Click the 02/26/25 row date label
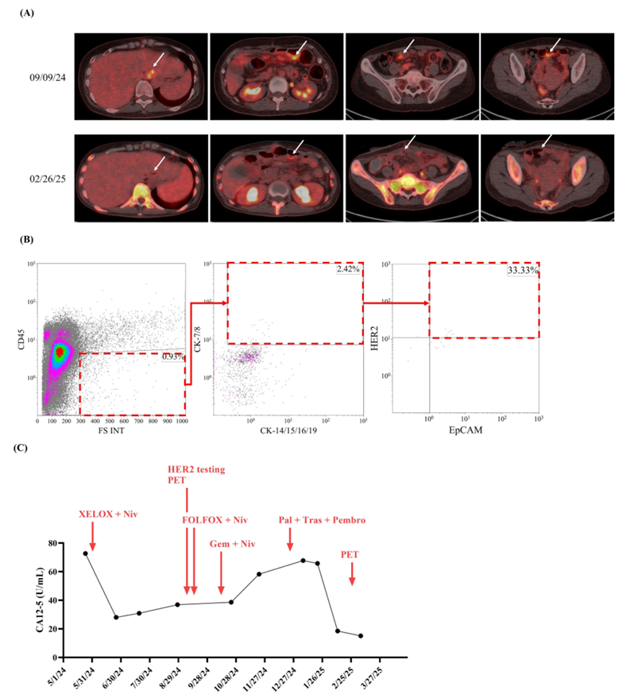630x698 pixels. point(44,170)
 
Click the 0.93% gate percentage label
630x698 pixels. point(172,357)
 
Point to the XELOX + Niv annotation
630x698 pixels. point(108,515)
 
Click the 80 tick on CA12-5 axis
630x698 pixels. point(57,543)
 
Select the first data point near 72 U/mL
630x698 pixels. point(86,553)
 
